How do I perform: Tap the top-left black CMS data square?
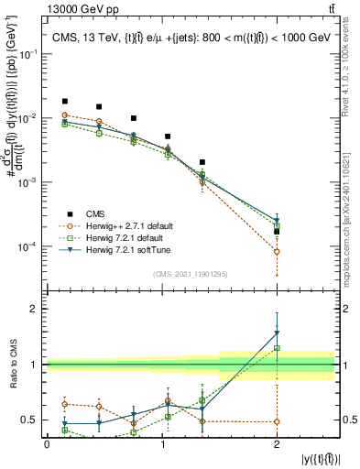coord(64,101)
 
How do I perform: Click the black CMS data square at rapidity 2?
coord(277,232)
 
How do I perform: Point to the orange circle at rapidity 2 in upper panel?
coord(277,251)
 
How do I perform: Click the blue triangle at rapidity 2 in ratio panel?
coord(277,333)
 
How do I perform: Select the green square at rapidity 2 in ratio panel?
coord(277,348)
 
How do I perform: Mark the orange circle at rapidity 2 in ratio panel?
coord(277,421)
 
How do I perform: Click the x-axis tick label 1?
coord(162,444)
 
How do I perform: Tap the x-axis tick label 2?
coord(277,444)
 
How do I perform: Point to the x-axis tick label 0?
coord(47,444)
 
